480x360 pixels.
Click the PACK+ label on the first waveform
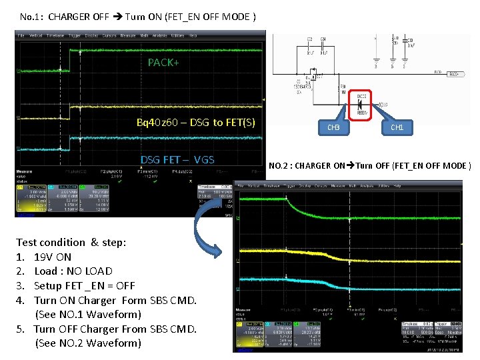point(163,63)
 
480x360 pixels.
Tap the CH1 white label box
point(397,127)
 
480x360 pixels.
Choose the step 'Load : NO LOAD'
point(73,271)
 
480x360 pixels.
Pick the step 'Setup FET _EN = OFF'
point(84,285)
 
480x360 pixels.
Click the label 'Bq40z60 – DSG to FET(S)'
point(195,123)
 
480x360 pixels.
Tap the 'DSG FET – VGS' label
point(177,159)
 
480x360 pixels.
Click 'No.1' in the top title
point(31,16)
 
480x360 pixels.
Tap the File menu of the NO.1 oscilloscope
point(21,35)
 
